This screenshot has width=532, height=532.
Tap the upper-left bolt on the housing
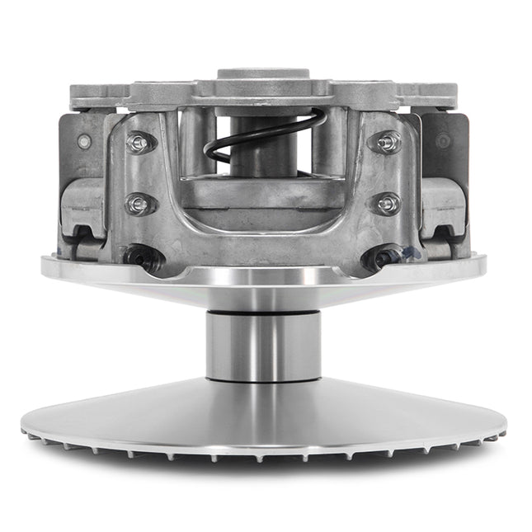click(x=141, y=143)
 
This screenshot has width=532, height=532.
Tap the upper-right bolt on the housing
click(x=387, y=143)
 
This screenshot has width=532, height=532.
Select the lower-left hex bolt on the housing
click(x=139, y=202)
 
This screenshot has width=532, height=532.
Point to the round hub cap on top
click(x=263, y=76)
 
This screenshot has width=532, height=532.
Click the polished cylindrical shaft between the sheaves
click(x=263, y=345)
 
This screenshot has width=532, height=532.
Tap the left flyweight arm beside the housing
click(x=83, y=206)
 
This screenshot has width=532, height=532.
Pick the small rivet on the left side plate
click(x=82, y=141)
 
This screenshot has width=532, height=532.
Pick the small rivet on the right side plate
click(x=446, y=141)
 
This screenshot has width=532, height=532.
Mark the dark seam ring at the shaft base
click(x=263, y=380)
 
